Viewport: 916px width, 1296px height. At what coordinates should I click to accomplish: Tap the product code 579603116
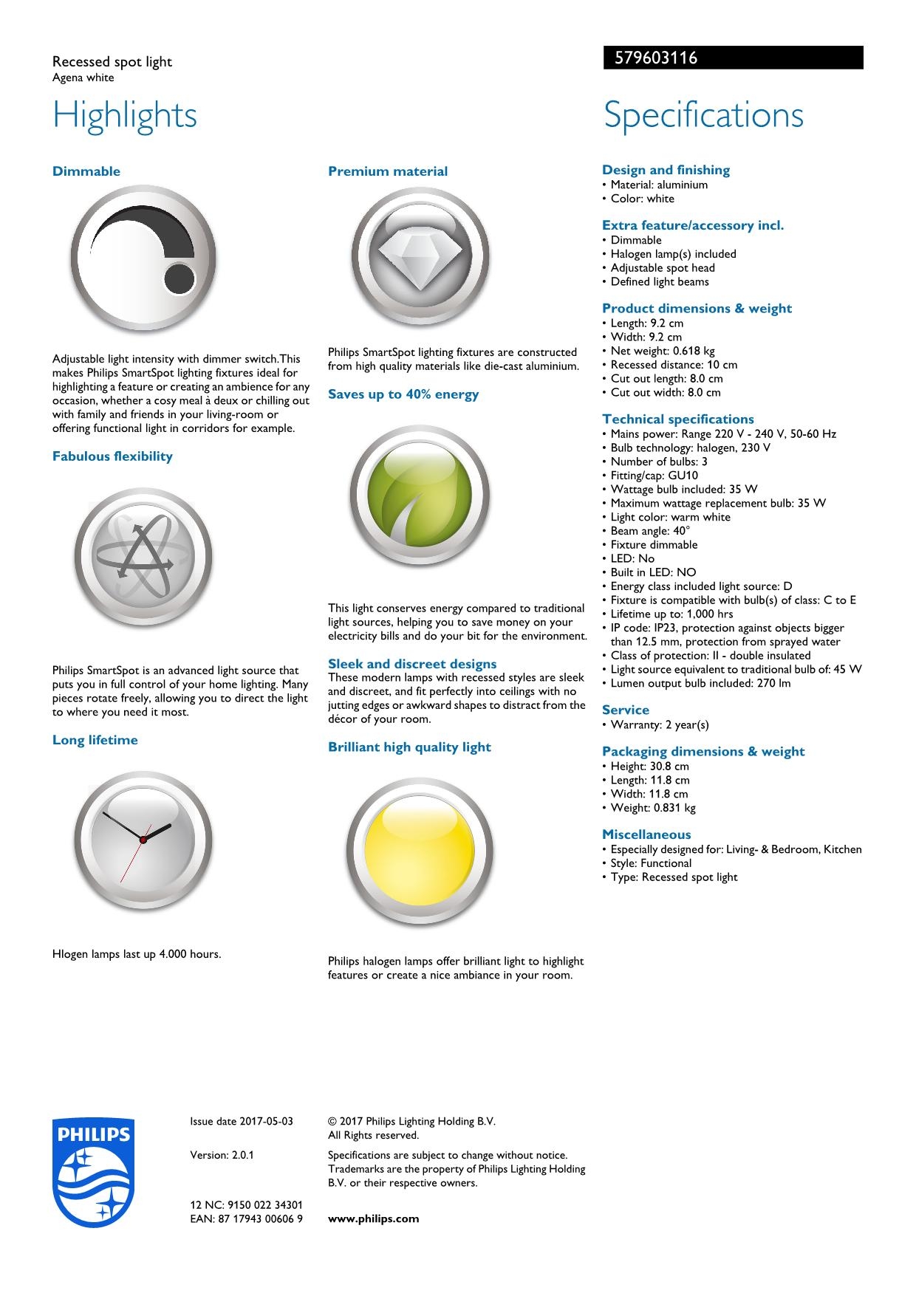point(652,58)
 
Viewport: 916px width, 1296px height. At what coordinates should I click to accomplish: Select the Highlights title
point(125,115)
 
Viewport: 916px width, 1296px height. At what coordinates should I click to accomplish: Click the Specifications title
point(703,115)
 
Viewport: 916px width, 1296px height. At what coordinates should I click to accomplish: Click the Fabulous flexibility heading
point(112,456)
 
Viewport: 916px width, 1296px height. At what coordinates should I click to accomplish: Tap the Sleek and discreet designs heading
point(412,664)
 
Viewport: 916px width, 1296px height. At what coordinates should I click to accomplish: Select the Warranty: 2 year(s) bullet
point(659,724)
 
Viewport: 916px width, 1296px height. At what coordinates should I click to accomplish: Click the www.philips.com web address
point(373,1218)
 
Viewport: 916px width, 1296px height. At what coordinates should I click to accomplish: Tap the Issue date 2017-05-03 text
point(242,1121)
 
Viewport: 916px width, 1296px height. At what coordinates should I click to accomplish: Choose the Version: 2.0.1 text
point(222,1155)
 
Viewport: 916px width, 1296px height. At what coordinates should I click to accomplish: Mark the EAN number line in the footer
point(246,1218)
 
